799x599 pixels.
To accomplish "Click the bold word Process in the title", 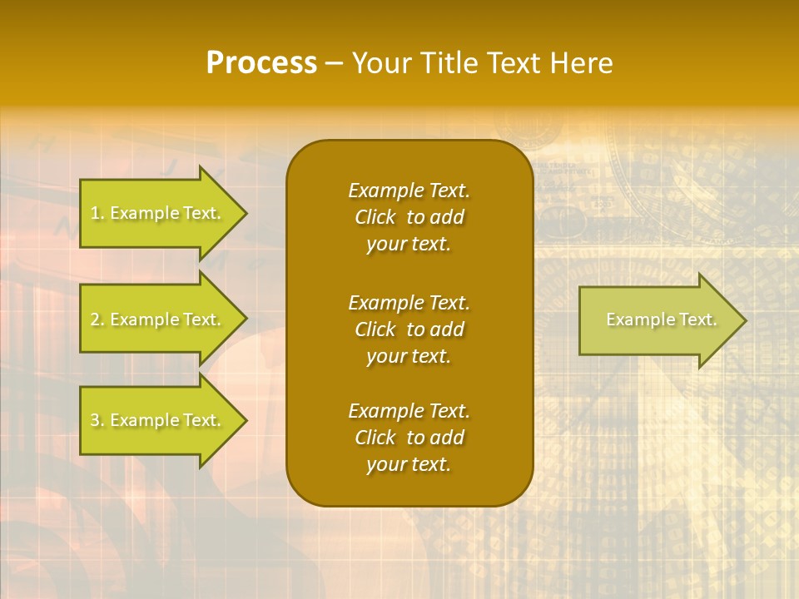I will pos(261,63).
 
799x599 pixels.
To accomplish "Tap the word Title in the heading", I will pos(449,63).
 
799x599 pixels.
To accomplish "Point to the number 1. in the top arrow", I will pos(97,213).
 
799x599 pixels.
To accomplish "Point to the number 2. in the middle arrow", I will pos(97,319).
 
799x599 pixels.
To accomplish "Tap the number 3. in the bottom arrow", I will pos(97,420).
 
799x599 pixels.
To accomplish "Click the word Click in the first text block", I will pos(375,217).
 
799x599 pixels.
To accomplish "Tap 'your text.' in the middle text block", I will pos(409,356).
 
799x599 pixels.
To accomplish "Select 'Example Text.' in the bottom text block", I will pos(409,411).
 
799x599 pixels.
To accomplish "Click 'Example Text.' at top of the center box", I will pos(409,191).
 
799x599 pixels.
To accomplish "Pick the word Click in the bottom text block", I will pos(375,438).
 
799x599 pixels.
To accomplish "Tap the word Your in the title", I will pos(382,63).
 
